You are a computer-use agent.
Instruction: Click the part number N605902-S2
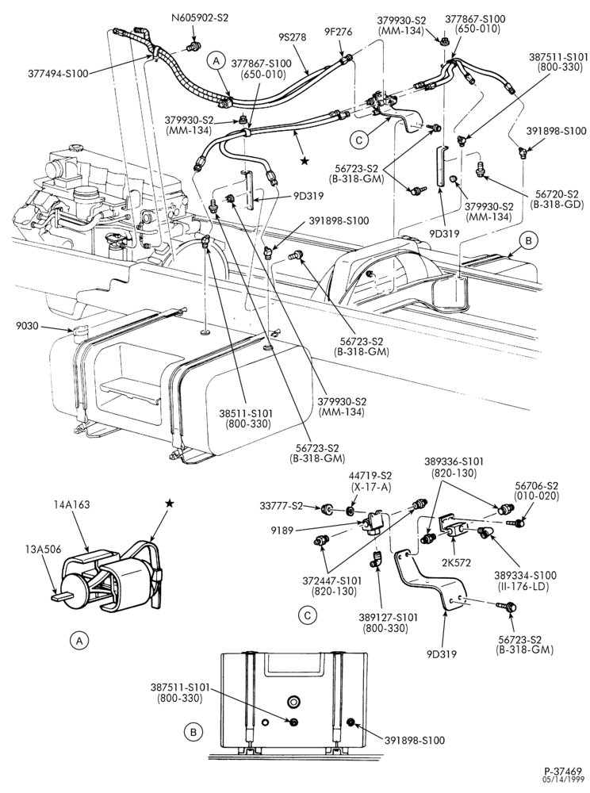pos(199,17)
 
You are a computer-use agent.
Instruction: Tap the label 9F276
pos(339,33)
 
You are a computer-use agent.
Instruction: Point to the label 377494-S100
pos(58,73)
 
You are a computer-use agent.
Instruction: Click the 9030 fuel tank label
pos(26,326)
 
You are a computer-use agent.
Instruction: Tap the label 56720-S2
pos(557,193)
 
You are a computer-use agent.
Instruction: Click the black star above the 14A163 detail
pos(170,503)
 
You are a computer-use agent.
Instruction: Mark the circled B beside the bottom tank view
pos(193,731)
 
